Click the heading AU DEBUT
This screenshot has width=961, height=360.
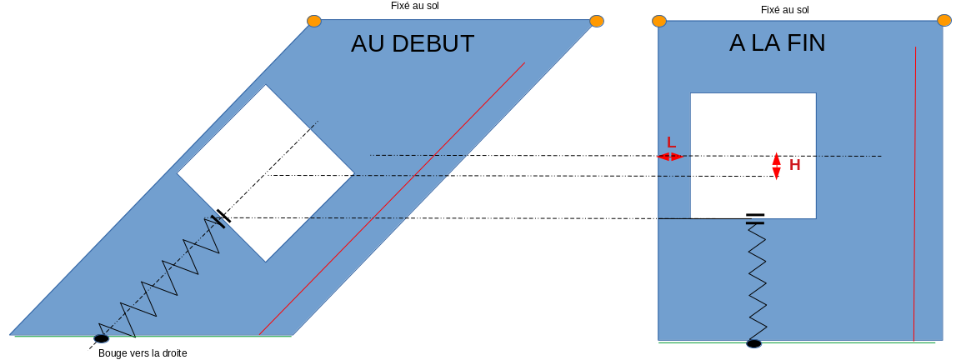(x=413, y=43)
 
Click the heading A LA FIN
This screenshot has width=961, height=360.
(x=777, y=42)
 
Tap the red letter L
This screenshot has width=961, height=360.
(x=672, y=142)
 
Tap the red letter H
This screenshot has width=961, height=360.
(x=794, y=165)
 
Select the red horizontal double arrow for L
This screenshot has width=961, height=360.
(x=670, y=157)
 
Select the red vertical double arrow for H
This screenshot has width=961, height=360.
(x=777, y=166)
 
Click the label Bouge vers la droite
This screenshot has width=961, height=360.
(x=143, y=353)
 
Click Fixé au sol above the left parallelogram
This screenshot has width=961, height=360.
(x=414, y=6)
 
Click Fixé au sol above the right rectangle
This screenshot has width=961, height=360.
(x=784, y=10)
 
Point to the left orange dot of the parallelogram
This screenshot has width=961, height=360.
(x=314, y=21)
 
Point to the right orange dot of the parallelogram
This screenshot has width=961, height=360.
(x=597, y=21)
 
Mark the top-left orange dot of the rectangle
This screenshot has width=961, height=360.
(x=659, y=21)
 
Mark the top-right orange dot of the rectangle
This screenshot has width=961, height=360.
(x=944, y=20)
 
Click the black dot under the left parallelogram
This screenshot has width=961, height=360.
(x=101, y=337)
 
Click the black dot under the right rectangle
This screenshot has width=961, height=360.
(x=753, y=343)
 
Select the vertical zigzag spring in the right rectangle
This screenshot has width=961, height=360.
(x=757, y=279)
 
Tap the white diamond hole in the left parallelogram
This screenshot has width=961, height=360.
(x=265, y=173)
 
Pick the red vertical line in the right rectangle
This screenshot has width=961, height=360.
(x=914, y=192)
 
